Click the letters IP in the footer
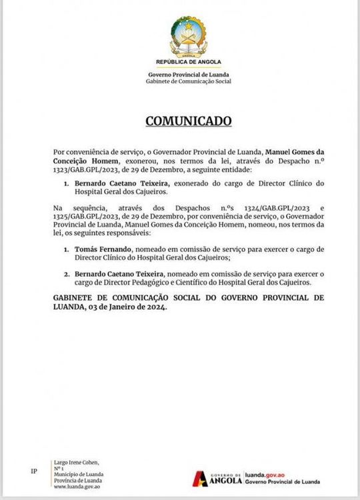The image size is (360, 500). pyautogui.click(x=34, y=471)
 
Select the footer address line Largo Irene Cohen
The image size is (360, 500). pyautogui.click(x=71, y=461)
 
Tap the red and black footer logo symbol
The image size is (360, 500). pyautogui.click(x=200, y=478)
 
